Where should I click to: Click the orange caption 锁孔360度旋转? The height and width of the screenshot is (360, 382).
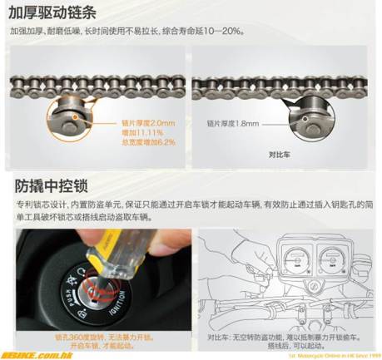click(83, 337)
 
